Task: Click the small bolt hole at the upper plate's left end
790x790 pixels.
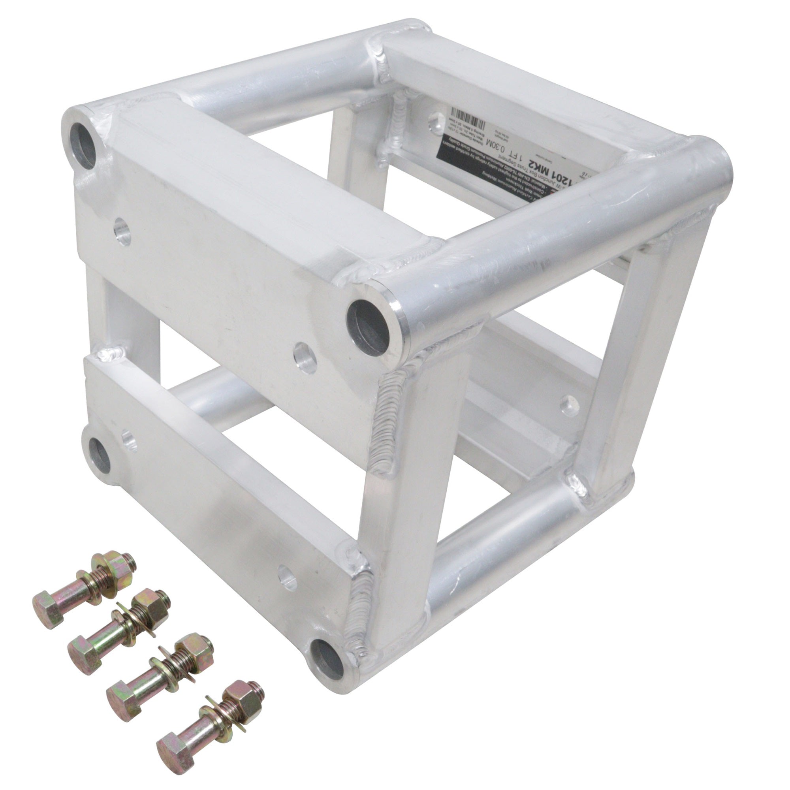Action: (122, 231)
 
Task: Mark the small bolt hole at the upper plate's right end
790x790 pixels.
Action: (305, 358)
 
